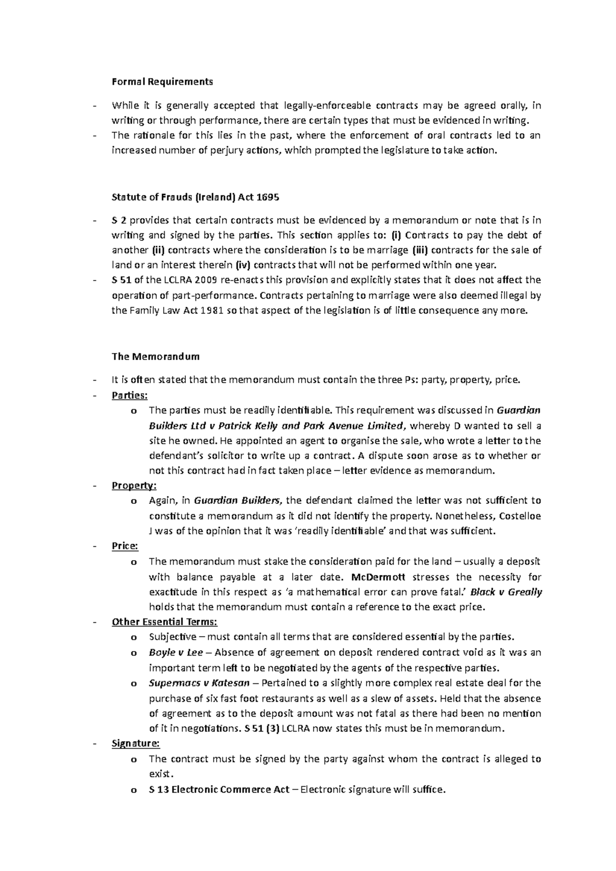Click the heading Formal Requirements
tap(162, 82)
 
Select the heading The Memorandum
tap(156, 356)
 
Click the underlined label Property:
tap(134, 485)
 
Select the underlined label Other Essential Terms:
tap(164, 622)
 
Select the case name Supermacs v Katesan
tap(199, 683)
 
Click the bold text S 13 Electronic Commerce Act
tap(219, 789)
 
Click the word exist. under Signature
tap(161, 774)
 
